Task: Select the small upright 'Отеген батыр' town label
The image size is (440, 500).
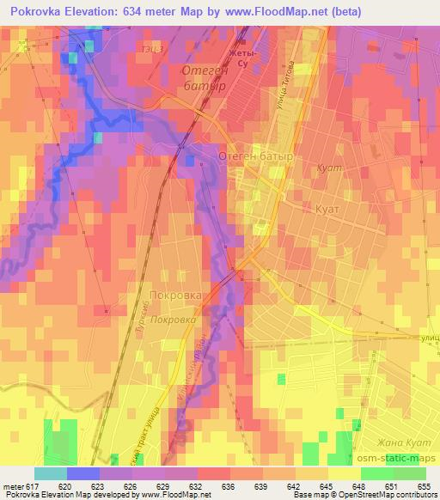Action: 256,157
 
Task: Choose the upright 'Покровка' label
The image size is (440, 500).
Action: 175,295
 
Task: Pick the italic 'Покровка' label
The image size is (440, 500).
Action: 173,319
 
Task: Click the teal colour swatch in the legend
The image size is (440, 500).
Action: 51,473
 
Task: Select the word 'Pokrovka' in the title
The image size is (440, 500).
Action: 35,12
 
